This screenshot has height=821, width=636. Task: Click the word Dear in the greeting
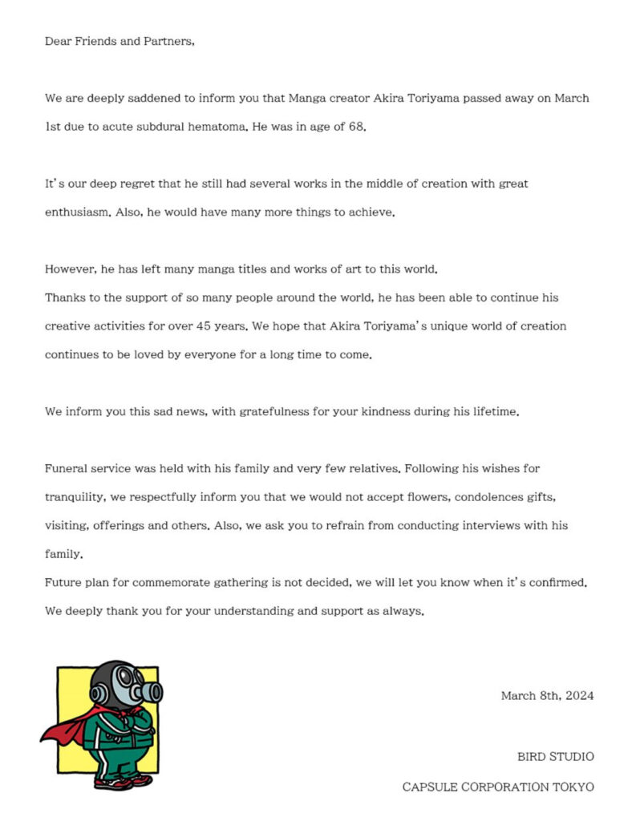click(x=59, y=42)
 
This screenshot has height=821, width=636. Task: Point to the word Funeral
click(x=66, y=468)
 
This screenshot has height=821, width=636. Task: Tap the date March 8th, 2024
click(x=548, y=696)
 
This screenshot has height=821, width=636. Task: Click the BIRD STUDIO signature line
click(x=556, y=756)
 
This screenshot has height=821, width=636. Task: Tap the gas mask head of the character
click(x=120, y=686)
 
